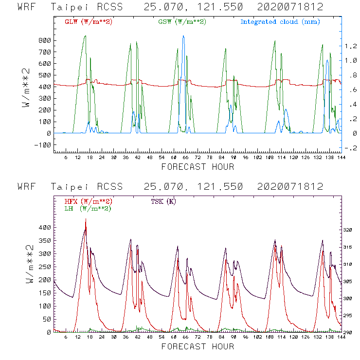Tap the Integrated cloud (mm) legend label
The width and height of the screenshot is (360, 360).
[280, 22]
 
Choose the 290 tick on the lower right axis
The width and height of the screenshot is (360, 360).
[350, 332]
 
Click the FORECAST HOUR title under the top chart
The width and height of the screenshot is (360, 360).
[198, 167]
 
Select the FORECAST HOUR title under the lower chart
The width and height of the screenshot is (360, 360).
[198, 346]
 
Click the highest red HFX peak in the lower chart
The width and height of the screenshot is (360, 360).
[86, 219]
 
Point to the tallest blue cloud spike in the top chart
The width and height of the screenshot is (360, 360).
[183, 36]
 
